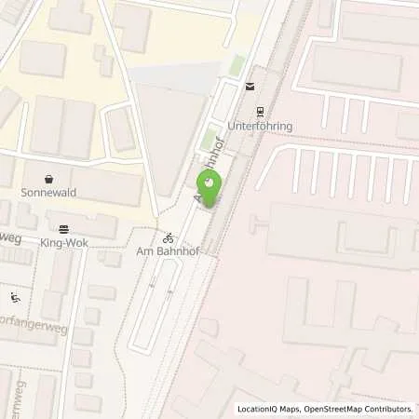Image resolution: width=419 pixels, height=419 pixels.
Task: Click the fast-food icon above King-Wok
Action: (x=62, y=228)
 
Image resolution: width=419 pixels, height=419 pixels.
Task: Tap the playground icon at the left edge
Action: (x=15, y=298)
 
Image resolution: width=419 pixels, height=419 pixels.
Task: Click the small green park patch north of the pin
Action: (x=210, y=138)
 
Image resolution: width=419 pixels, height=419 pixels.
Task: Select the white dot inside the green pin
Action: (x=209, y=183)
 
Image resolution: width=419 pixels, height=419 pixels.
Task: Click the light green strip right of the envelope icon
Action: (x=237, y=66)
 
